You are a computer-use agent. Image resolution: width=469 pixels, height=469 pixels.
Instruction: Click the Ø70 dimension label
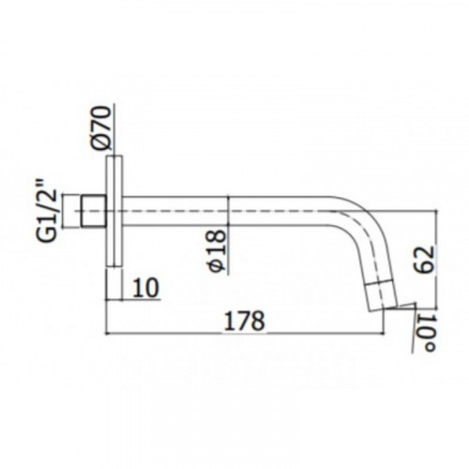click(x=101, y=129)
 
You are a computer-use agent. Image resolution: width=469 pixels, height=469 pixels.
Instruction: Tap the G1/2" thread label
click(x=48, y=211)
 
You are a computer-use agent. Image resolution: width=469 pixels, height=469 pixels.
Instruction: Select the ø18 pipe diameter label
click(x=217, y=250)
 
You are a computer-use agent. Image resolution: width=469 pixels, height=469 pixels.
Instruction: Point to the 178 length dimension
click(x=245, y=320)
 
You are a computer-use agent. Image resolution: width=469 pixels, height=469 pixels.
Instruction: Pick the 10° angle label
click(x=426, y=333)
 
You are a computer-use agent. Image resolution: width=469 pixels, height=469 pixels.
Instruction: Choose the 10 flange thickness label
click(x=145, y=288)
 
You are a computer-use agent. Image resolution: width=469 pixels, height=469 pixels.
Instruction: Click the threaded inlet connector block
click(x=94, y=211)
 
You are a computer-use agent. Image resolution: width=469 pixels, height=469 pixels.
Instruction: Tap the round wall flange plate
click(x=114, y=211)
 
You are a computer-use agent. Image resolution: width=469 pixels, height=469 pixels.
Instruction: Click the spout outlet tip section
click(x=382, y=296)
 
